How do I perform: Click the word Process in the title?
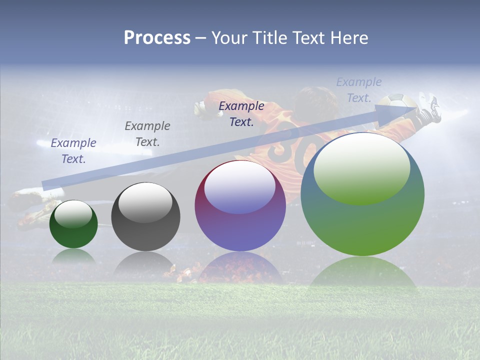point(157,38)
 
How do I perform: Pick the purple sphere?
point(240,205)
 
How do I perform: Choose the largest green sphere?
point(362,194)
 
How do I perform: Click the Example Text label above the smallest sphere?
point(73,151)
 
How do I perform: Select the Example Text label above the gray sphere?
point(147,134)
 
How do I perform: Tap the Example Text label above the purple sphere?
point(241,114)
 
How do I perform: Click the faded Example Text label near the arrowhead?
point(358,90)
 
